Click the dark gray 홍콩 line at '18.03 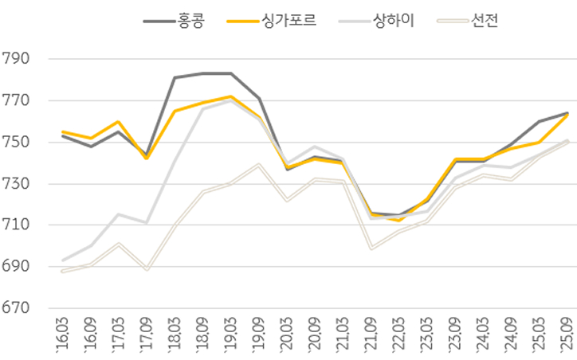pyautogui.click(x=175, y=77)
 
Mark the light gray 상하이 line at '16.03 pyautogui.click(x=62, y=260)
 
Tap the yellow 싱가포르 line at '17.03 pyautogui.click(x=118, y=122)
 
